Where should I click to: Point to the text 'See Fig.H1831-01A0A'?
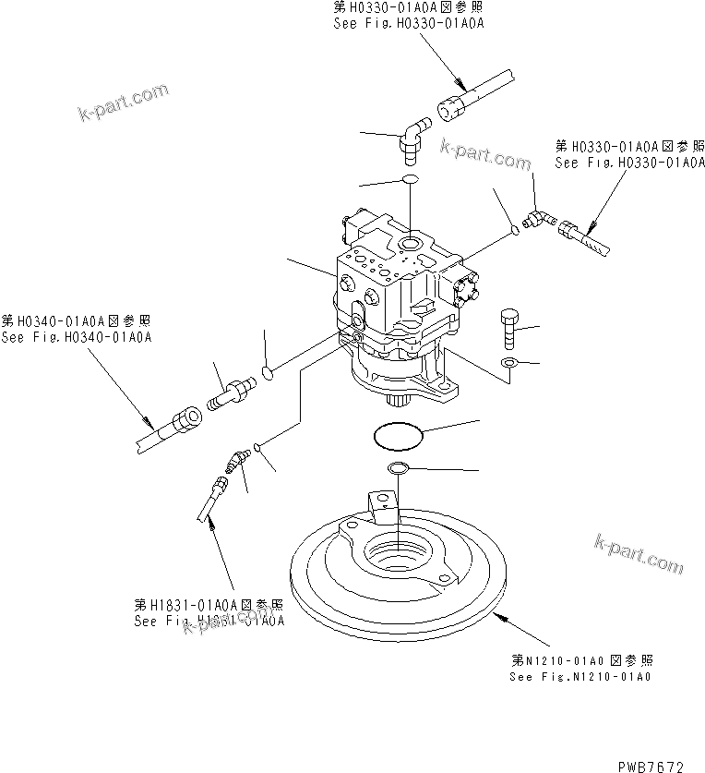tap(209, 622)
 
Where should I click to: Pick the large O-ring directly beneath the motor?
tap(399, 433)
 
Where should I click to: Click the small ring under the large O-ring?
tap(398, 469)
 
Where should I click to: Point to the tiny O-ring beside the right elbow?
tap(517, 228)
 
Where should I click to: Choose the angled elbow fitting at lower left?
tap(239, 458)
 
